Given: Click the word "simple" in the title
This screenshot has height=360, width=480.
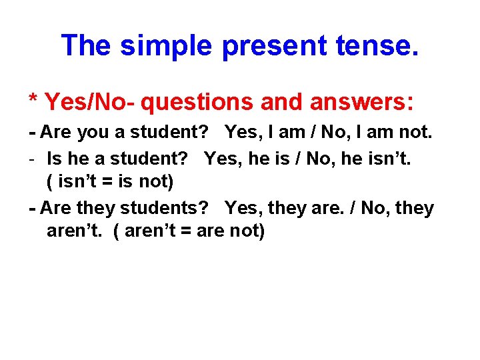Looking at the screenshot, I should point(167,45).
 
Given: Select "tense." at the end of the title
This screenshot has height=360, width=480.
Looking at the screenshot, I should point(386,45).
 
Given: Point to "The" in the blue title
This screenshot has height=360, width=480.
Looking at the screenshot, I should point(87,45).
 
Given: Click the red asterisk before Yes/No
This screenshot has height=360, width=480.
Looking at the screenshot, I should point(33,102).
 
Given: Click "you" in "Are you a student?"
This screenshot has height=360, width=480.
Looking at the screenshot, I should point(94,132).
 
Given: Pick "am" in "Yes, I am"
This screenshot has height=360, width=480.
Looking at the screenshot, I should point(291,132).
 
